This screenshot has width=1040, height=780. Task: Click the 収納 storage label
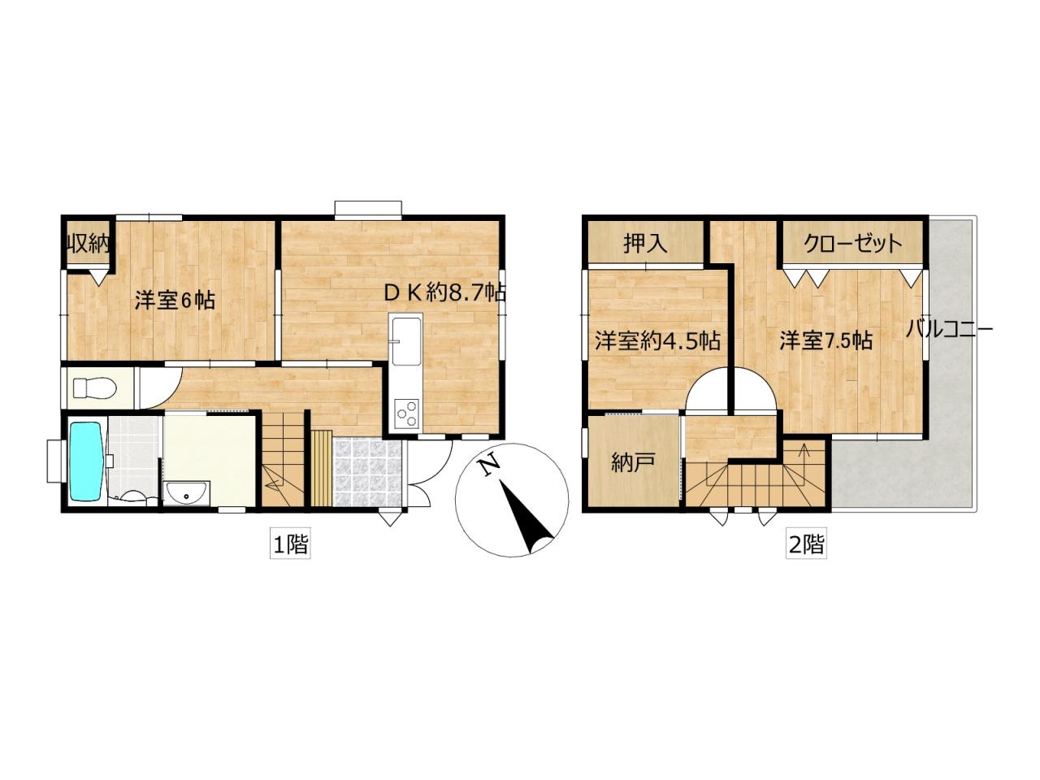point(88,244)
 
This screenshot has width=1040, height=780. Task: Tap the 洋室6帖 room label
point(175,300)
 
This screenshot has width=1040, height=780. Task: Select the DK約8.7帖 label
point(444,292)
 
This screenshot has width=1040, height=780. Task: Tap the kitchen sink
point(405,342)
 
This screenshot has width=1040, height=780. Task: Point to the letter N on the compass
point(488,465)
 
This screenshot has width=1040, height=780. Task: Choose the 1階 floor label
point(290,544)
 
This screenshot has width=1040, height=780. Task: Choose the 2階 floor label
point(806,544)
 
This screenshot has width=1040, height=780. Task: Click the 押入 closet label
point(645,243)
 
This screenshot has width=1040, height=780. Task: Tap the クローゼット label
point(853,243)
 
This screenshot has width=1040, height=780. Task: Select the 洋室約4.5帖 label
point(657,340)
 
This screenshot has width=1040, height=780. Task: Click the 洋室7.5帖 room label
point(826,340)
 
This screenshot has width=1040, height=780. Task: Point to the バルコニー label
point(949,329)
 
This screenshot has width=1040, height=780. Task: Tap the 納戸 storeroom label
point(633,463)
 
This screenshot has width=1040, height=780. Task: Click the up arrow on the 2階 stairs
point(804,449)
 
